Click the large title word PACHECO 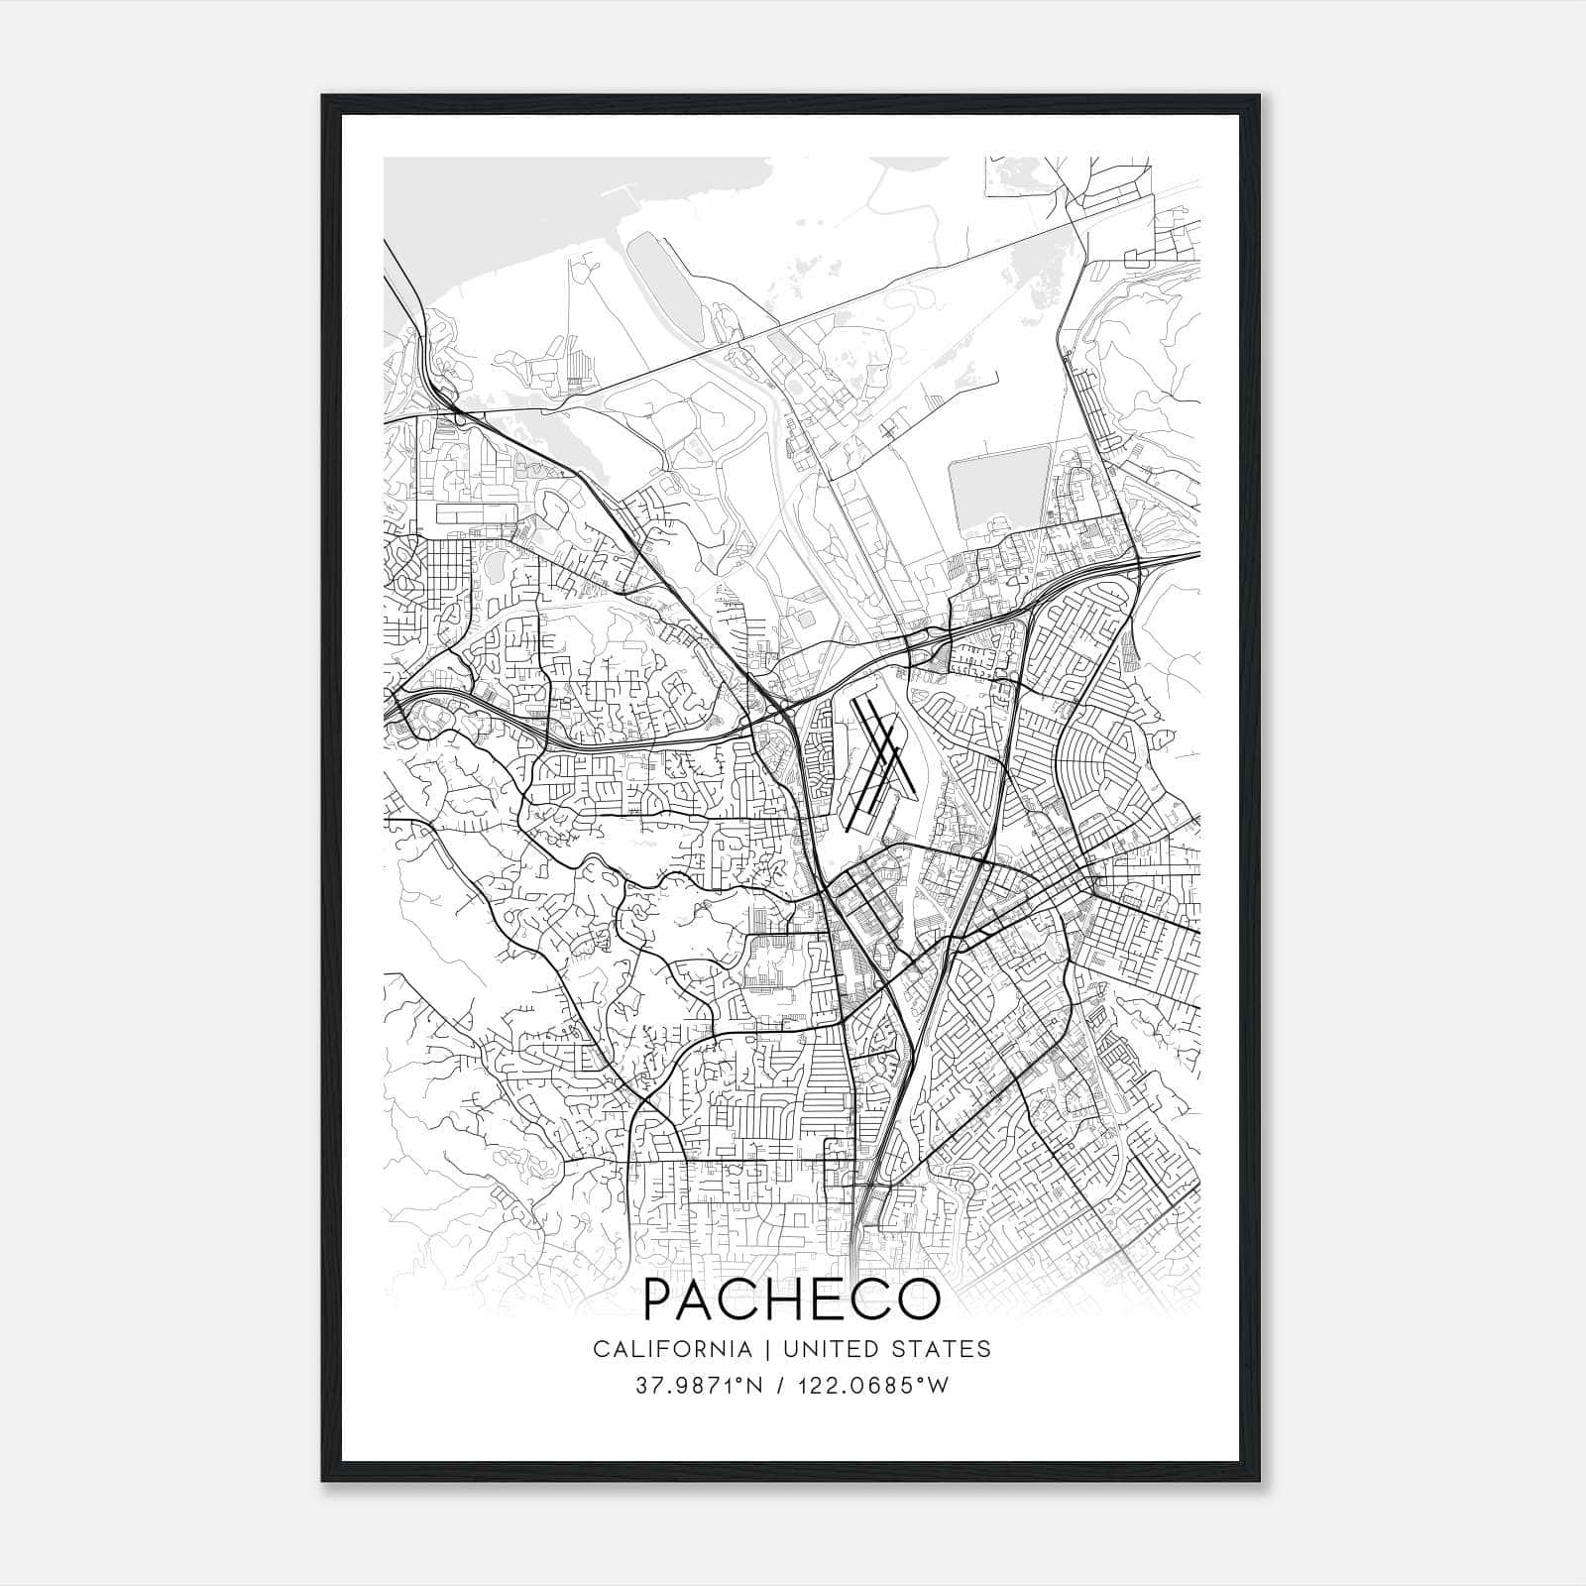click(791, 1300)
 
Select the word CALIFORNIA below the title click(671, 1349)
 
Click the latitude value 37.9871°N click(699, 1386)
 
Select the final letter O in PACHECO click(917, 1300)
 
